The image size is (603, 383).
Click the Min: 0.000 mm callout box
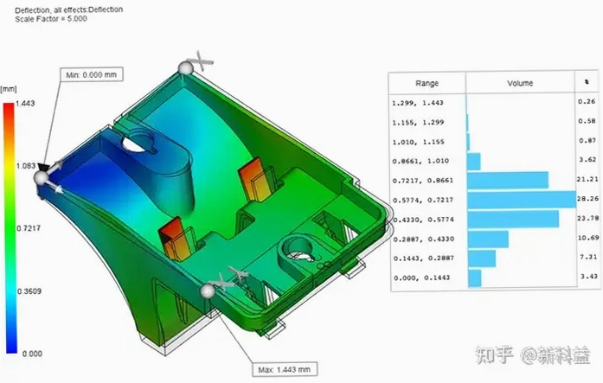92,74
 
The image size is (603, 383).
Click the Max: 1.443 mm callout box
285,369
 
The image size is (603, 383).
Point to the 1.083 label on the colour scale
26,166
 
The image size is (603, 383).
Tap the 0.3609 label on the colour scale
29,291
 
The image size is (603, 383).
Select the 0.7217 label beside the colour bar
29,228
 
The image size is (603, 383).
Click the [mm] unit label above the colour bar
9,89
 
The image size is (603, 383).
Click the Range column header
427,83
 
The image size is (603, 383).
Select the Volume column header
520,83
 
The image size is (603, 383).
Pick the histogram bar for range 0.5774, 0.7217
522,200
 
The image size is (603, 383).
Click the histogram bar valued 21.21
508,180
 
